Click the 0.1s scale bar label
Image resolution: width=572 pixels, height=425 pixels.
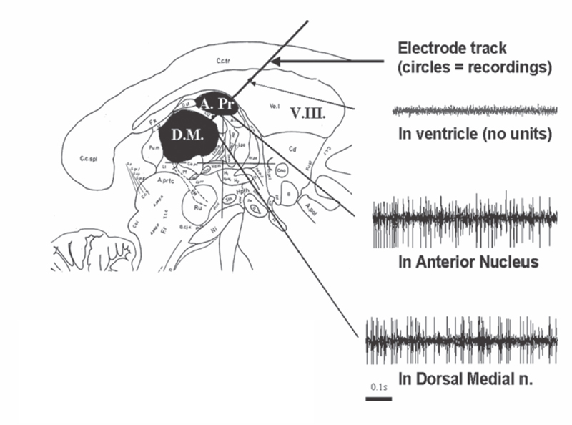(378, 386)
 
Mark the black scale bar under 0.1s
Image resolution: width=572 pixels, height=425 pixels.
(378, 397)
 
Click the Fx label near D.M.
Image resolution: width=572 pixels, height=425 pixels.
(152, 122)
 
